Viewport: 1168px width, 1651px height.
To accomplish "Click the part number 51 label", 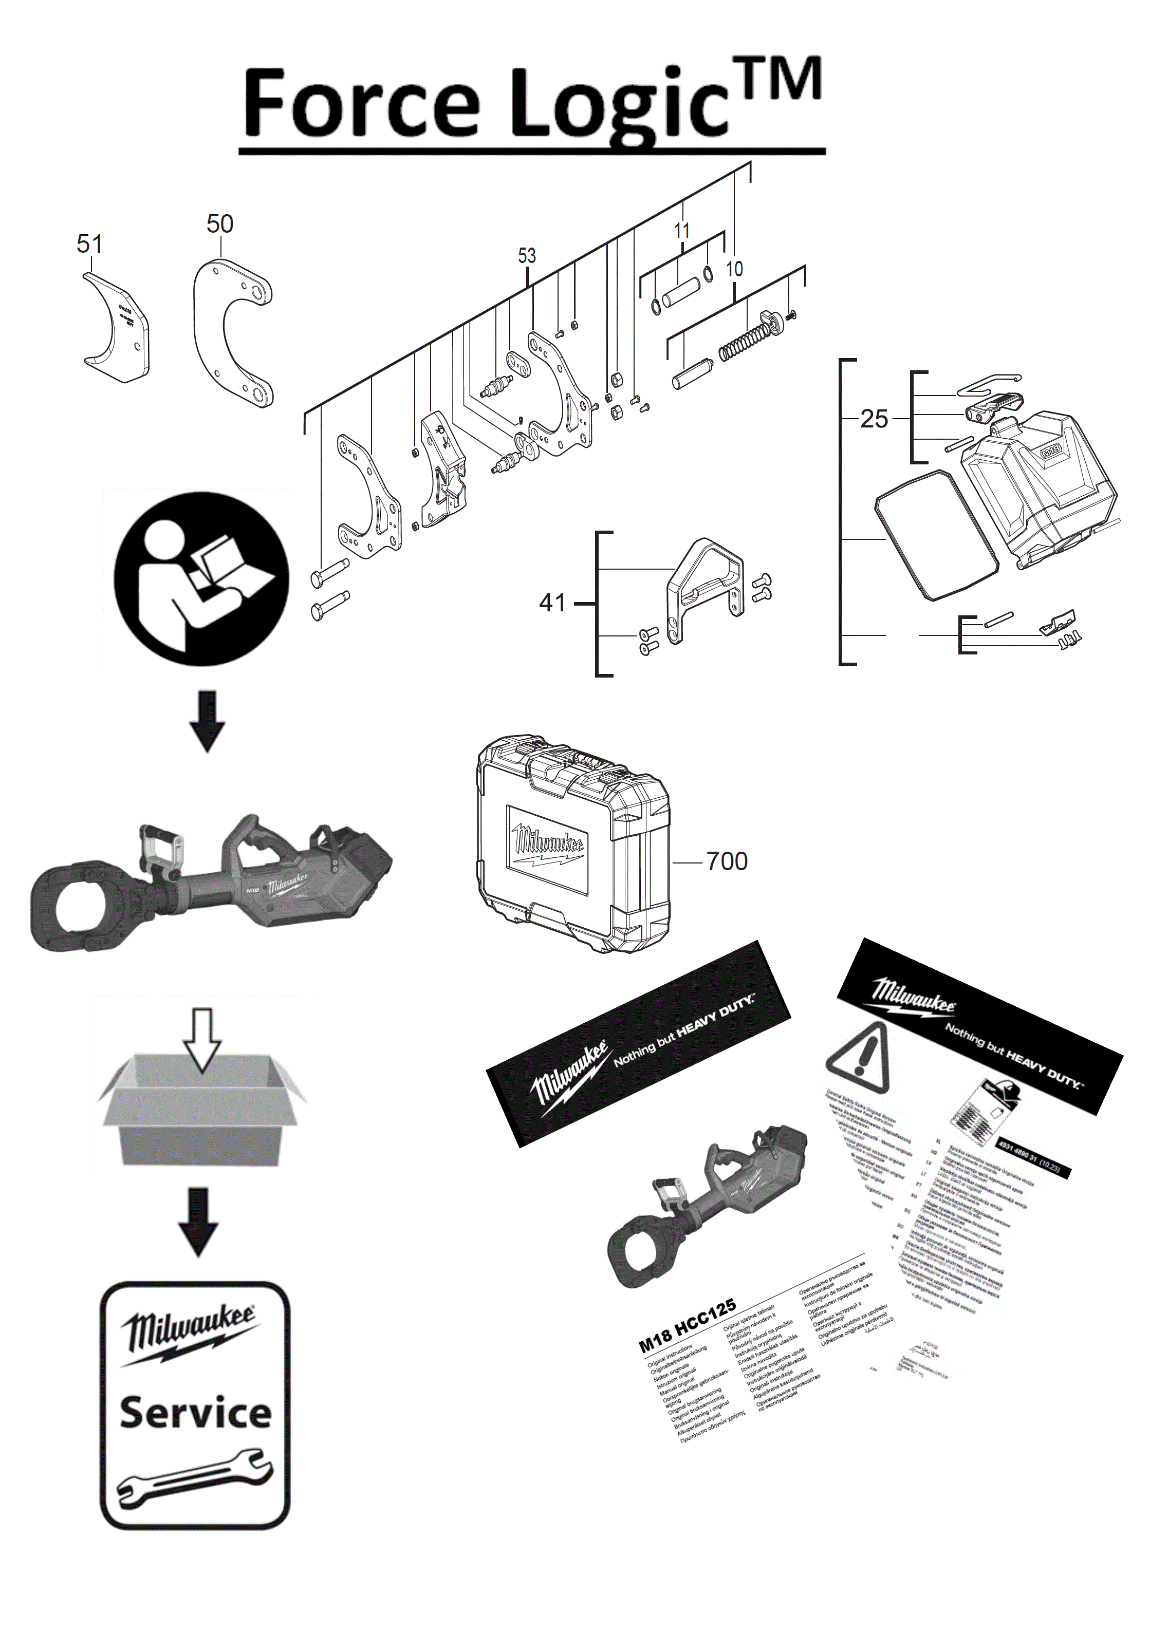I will (x=89, y=244).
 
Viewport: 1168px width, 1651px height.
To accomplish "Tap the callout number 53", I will (x=527, y=255).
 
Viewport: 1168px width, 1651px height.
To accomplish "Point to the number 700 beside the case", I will (x=727, y=861).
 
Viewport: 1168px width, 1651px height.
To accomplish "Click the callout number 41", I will (x=552, y=603).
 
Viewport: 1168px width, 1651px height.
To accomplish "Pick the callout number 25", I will (x=874, y=419).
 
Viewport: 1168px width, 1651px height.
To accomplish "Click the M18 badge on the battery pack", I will (x=1051, y=452).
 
